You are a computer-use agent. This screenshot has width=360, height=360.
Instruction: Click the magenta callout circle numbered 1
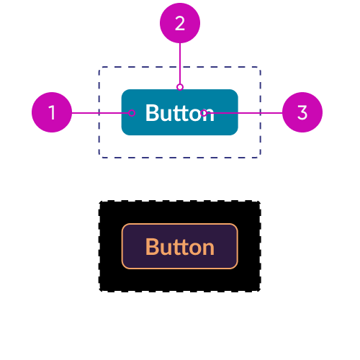pos(52,112)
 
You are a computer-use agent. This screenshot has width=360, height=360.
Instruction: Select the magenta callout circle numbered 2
pos(180,23)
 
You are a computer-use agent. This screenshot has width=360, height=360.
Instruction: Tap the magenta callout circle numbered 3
pos(302,112)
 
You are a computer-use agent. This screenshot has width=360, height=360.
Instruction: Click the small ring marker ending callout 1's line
pos(132,113)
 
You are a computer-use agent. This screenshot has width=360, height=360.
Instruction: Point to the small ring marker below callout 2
pos(180,87)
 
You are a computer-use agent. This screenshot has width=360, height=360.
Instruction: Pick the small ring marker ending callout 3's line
pos(204,113)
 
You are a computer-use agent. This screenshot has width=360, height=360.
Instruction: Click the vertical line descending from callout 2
pos(180,63)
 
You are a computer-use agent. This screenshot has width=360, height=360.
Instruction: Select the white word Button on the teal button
pos(180,113)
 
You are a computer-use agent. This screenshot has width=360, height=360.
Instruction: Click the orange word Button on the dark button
pos(180,247)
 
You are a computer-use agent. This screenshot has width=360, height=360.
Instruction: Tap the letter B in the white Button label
pos(152,113)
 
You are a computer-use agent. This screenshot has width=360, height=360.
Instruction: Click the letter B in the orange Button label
pos(152,247)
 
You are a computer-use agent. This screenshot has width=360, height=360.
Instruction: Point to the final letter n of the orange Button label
pos(209,248)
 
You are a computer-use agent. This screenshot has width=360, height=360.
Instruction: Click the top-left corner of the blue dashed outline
pos(99,67)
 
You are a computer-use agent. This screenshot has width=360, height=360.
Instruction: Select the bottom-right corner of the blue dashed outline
pos(261,158)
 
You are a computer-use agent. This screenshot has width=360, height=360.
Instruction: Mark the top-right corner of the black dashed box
pos(260,201)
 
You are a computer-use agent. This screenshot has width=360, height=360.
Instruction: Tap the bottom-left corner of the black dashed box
pos(99,291)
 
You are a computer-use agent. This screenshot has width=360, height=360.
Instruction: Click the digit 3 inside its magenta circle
pos(302,112)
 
